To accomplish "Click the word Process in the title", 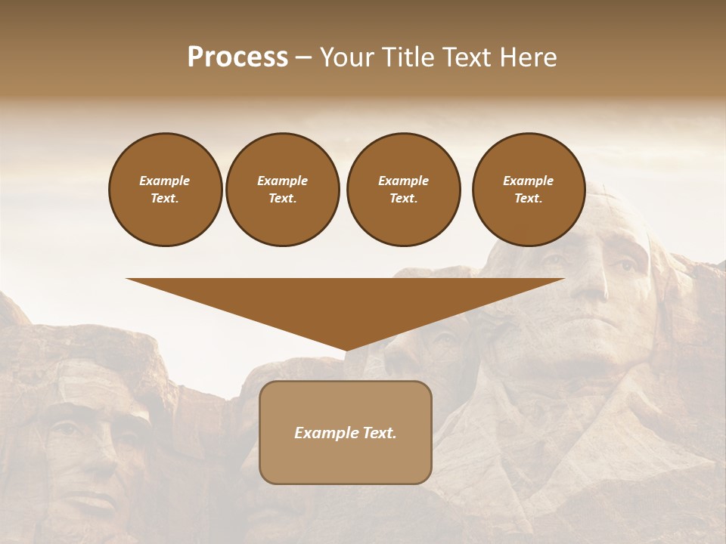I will pyautogui.click(x=237, y=57).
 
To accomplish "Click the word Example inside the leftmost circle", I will pyautogui.click(x=164, y=181).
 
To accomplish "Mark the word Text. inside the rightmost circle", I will pyautogui.click(x=529, y=199).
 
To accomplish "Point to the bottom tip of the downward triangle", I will pyautogui.click(x=346, y=351).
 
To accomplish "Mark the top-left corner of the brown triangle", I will pyautogui.click(x=127, y=279).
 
